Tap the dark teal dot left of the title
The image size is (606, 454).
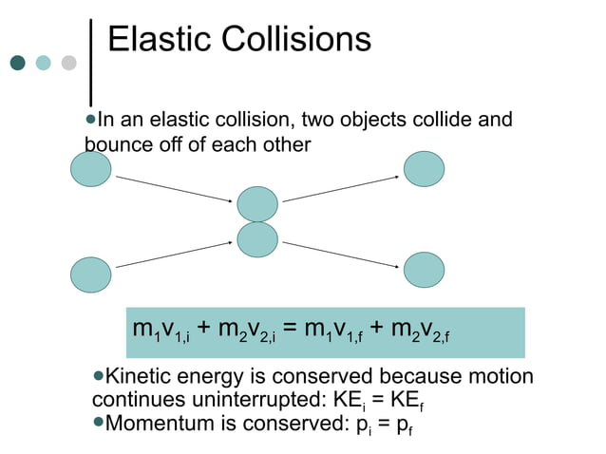coord(17,63)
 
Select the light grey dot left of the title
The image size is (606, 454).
coord(68,63)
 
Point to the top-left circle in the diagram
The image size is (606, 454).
coord(90,169)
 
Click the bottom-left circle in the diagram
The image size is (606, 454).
coord(90,274)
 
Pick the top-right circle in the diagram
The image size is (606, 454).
coord(424,169)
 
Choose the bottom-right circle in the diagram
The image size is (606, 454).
coord(424,270)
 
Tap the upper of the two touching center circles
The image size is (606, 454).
coord(257,203)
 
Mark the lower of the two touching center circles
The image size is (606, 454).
coord(257,239)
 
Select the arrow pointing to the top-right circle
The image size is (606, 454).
coord(341,188)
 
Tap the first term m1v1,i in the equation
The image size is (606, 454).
coord(161,331)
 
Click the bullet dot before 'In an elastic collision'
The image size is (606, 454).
coord(90,121)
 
